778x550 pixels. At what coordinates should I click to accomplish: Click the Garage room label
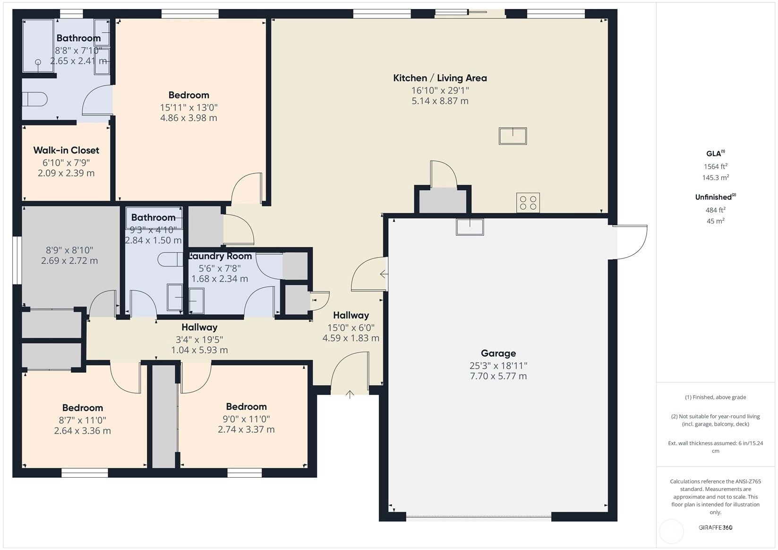[x=498, y=353]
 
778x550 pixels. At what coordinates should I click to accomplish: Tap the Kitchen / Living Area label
[x=440, y=78]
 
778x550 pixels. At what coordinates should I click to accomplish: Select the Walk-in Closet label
[x=66, y=150]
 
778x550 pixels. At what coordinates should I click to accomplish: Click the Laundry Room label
[x=220, y=256]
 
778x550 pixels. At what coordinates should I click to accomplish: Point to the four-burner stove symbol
[x=528, y=203]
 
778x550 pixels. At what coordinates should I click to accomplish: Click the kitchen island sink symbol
[x=513, y=136]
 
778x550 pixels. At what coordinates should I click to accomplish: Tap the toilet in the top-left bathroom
[x=34, y=99]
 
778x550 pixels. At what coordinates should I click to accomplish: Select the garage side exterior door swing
[x=630, y=242]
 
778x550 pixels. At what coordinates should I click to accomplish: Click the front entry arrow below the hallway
[x=350, y=395]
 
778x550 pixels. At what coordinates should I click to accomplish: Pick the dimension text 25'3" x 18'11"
[x=498, y=366]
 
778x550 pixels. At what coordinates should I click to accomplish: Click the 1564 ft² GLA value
[x=716, y=166]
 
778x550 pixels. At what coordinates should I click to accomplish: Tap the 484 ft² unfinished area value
[x=716, y=210]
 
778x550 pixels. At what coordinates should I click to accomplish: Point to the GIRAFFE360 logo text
[x=716, y=527]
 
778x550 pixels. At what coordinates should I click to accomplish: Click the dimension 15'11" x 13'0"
[x=188, y=107]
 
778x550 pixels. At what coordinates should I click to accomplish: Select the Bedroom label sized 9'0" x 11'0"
[x=246, y=406]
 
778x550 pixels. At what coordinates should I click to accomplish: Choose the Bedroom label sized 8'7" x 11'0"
[x=82, y=408]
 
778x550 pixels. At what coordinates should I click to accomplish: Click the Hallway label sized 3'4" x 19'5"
[x=199, y=327]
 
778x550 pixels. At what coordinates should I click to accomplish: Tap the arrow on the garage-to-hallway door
[x=384, y=274]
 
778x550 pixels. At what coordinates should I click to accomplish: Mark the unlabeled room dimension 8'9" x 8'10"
[x=69, y=250]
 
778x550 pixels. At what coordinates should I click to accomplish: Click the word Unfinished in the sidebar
[x=714, y=198]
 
